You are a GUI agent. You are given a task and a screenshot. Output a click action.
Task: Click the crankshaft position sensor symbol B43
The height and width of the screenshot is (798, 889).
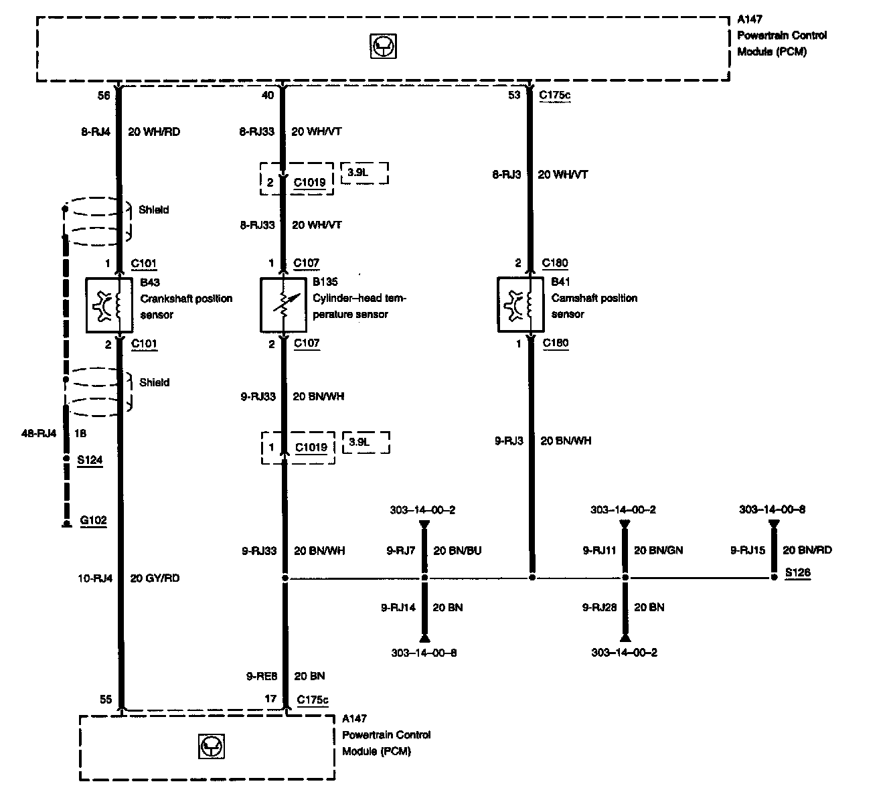click(111, 305)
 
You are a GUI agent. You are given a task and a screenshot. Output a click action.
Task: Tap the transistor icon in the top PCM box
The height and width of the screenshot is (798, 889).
click(383, 46)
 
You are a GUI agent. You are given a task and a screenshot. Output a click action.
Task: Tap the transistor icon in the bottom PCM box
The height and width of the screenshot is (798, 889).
click(212, 746)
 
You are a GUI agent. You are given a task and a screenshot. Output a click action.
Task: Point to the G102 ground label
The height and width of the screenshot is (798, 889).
click(93, 520)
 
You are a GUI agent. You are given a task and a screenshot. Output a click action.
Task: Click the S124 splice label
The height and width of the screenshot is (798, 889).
click(90, 460)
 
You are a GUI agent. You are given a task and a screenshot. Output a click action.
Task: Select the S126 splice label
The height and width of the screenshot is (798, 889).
click(797, 573)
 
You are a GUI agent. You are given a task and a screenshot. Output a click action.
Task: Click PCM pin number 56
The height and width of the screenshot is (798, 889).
click(104, 96)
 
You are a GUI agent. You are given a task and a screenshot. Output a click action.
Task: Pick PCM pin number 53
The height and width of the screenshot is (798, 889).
click(514, 96)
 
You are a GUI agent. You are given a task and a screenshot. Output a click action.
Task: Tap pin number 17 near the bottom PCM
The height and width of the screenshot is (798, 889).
click(270, 699)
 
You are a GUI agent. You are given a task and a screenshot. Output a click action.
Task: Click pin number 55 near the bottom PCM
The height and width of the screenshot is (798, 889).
click(106, 700)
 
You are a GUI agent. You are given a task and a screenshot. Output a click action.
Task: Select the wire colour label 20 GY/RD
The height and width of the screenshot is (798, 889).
click(155, 578)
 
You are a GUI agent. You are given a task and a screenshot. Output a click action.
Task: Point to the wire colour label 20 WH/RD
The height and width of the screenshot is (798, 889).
click(154, 132)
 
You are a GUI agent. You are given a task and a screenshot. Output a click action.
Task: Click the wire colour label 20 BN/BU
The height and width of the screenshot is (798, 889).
click(457, 551)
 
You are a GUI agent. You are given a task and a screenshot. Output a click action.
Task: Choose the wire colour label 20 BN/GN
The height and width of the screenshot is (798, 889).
click(658, 551)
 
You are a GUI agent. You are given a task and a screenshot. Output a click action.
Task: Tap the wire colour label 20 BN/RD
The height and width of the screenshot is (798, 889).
click(807, 550)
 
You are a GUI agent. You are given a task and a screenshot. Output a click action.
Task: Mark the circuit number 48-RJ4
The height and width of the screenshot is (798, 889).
click(39, 433)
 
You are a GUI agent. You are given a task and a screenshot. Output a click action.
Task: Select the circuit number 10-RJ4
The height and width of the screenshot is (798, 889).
click(96, 578)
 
